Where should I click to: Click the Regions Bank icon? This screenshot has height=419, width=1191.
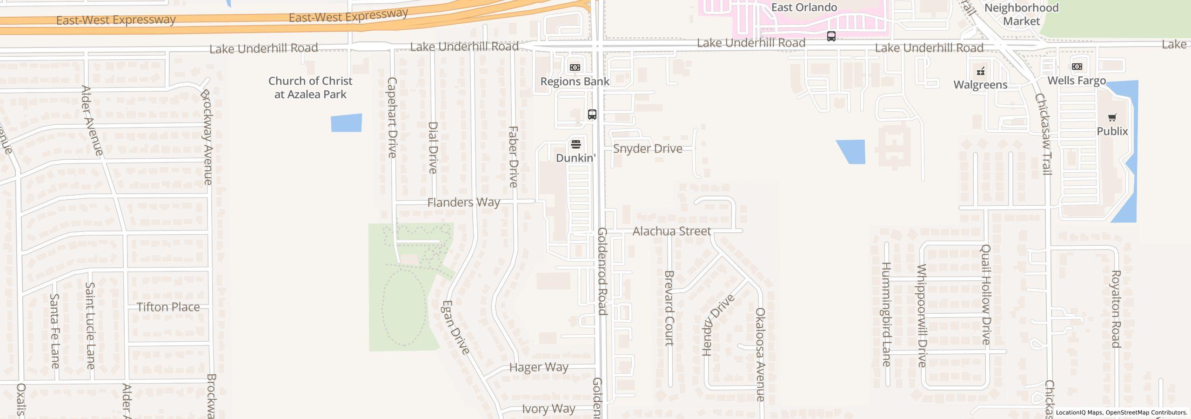(x=575, y=68)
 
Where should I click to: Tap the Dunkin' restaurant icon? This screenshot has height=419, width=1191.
(x=576, y=144)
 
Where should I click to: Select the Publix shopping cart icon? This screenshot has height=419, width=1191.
(x=1112, y=118)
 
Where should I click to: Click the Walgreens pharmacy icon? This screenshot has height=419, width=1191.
(x=981, y=71)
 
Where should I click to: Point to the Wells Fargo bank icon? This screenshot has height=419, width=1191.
(x=1077, y=67)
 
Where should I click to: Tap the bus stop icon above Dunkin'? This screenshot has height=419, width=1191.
(x=592, y=115)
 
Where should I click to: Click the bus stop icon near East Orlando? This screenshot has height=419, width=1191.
(x=831, y=36)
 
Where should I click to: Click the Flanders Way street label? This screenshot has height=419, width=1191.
(x=463, y=203)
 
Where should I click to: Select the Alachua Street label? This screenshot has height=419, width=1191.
(x=671, y=231)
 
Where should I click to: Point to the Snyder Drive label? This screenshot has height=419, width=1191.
(x=648, y=149)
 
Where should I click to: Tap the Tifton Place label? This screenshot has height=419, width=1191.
(x=168, y=307)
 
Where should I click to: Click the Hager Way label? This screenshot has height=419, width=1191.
(x=539, y=367)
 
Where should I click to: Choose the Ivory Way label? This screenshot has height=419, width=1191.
(x=549, y=409)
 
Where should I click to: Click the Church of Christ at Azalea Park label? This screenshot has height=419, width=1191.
(x=310, y=88)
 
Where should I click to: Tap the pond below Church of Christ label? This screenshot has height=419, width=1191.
(x=346, y=123)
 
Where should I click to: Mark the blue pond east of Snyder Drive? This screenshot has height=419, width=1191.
(x=852, y=152)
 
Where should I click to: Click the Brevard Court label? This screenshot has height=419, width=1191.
(x=669, y=308)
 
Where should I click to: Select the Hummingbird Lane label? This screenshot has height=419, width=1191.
(x=886, y=314)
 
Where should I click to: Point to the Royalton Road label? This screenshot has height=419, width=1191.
(x=1116, y=309)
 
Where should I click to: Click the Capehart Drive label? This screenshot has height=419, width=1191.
(x=392, y=117)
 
